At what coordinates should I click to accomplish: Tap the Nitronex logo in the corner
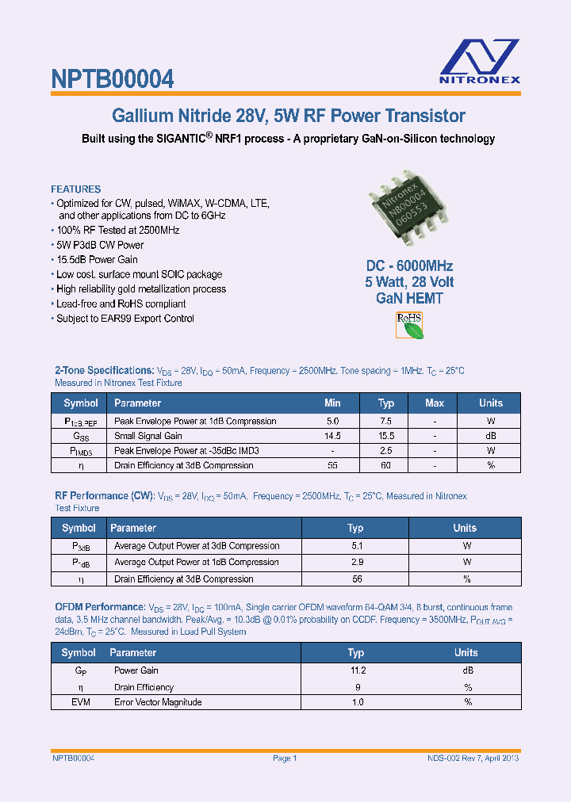[x=480, y=60]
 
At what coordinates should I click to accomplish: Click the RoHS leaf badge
[x=410, y=325]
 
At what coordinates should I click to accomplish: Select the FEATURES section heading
[x=76, y=189]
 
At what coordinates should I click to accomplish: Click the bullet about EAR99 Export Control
[x=125, y=319]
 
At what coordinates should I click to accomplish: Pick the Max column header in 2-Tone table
[x=435, y=403]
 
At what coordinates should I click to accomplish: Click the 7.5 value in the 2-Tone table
[x=386, y=422]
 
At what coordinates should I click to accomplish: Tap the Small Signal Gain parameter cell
[x=148, y=436]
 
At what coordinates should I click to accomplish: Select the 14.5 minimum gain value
[x=332, y=436]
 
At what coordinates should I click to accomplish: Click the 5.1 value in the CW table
[x=356, y=546]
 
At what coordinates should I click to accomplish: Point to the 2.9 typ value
[x=356, y=562]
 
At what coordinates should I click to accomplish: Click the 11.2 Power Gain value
[x=356, y=670]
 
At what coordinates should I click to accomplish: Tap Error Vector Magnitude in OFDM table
[x=158, y=702]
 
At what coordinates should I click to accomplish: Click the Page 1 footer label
[x=285, y=758]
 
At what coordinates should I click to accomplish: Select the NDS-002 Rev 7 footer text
[x=467, y=758]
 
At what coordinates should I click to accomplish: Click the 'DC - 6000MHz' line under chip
[x=409, y=266]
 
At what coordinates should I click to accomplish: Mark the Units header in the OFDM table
[x=466, y=653]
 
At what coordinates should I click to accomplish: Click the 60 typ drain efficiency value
[x=386, y=465]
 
